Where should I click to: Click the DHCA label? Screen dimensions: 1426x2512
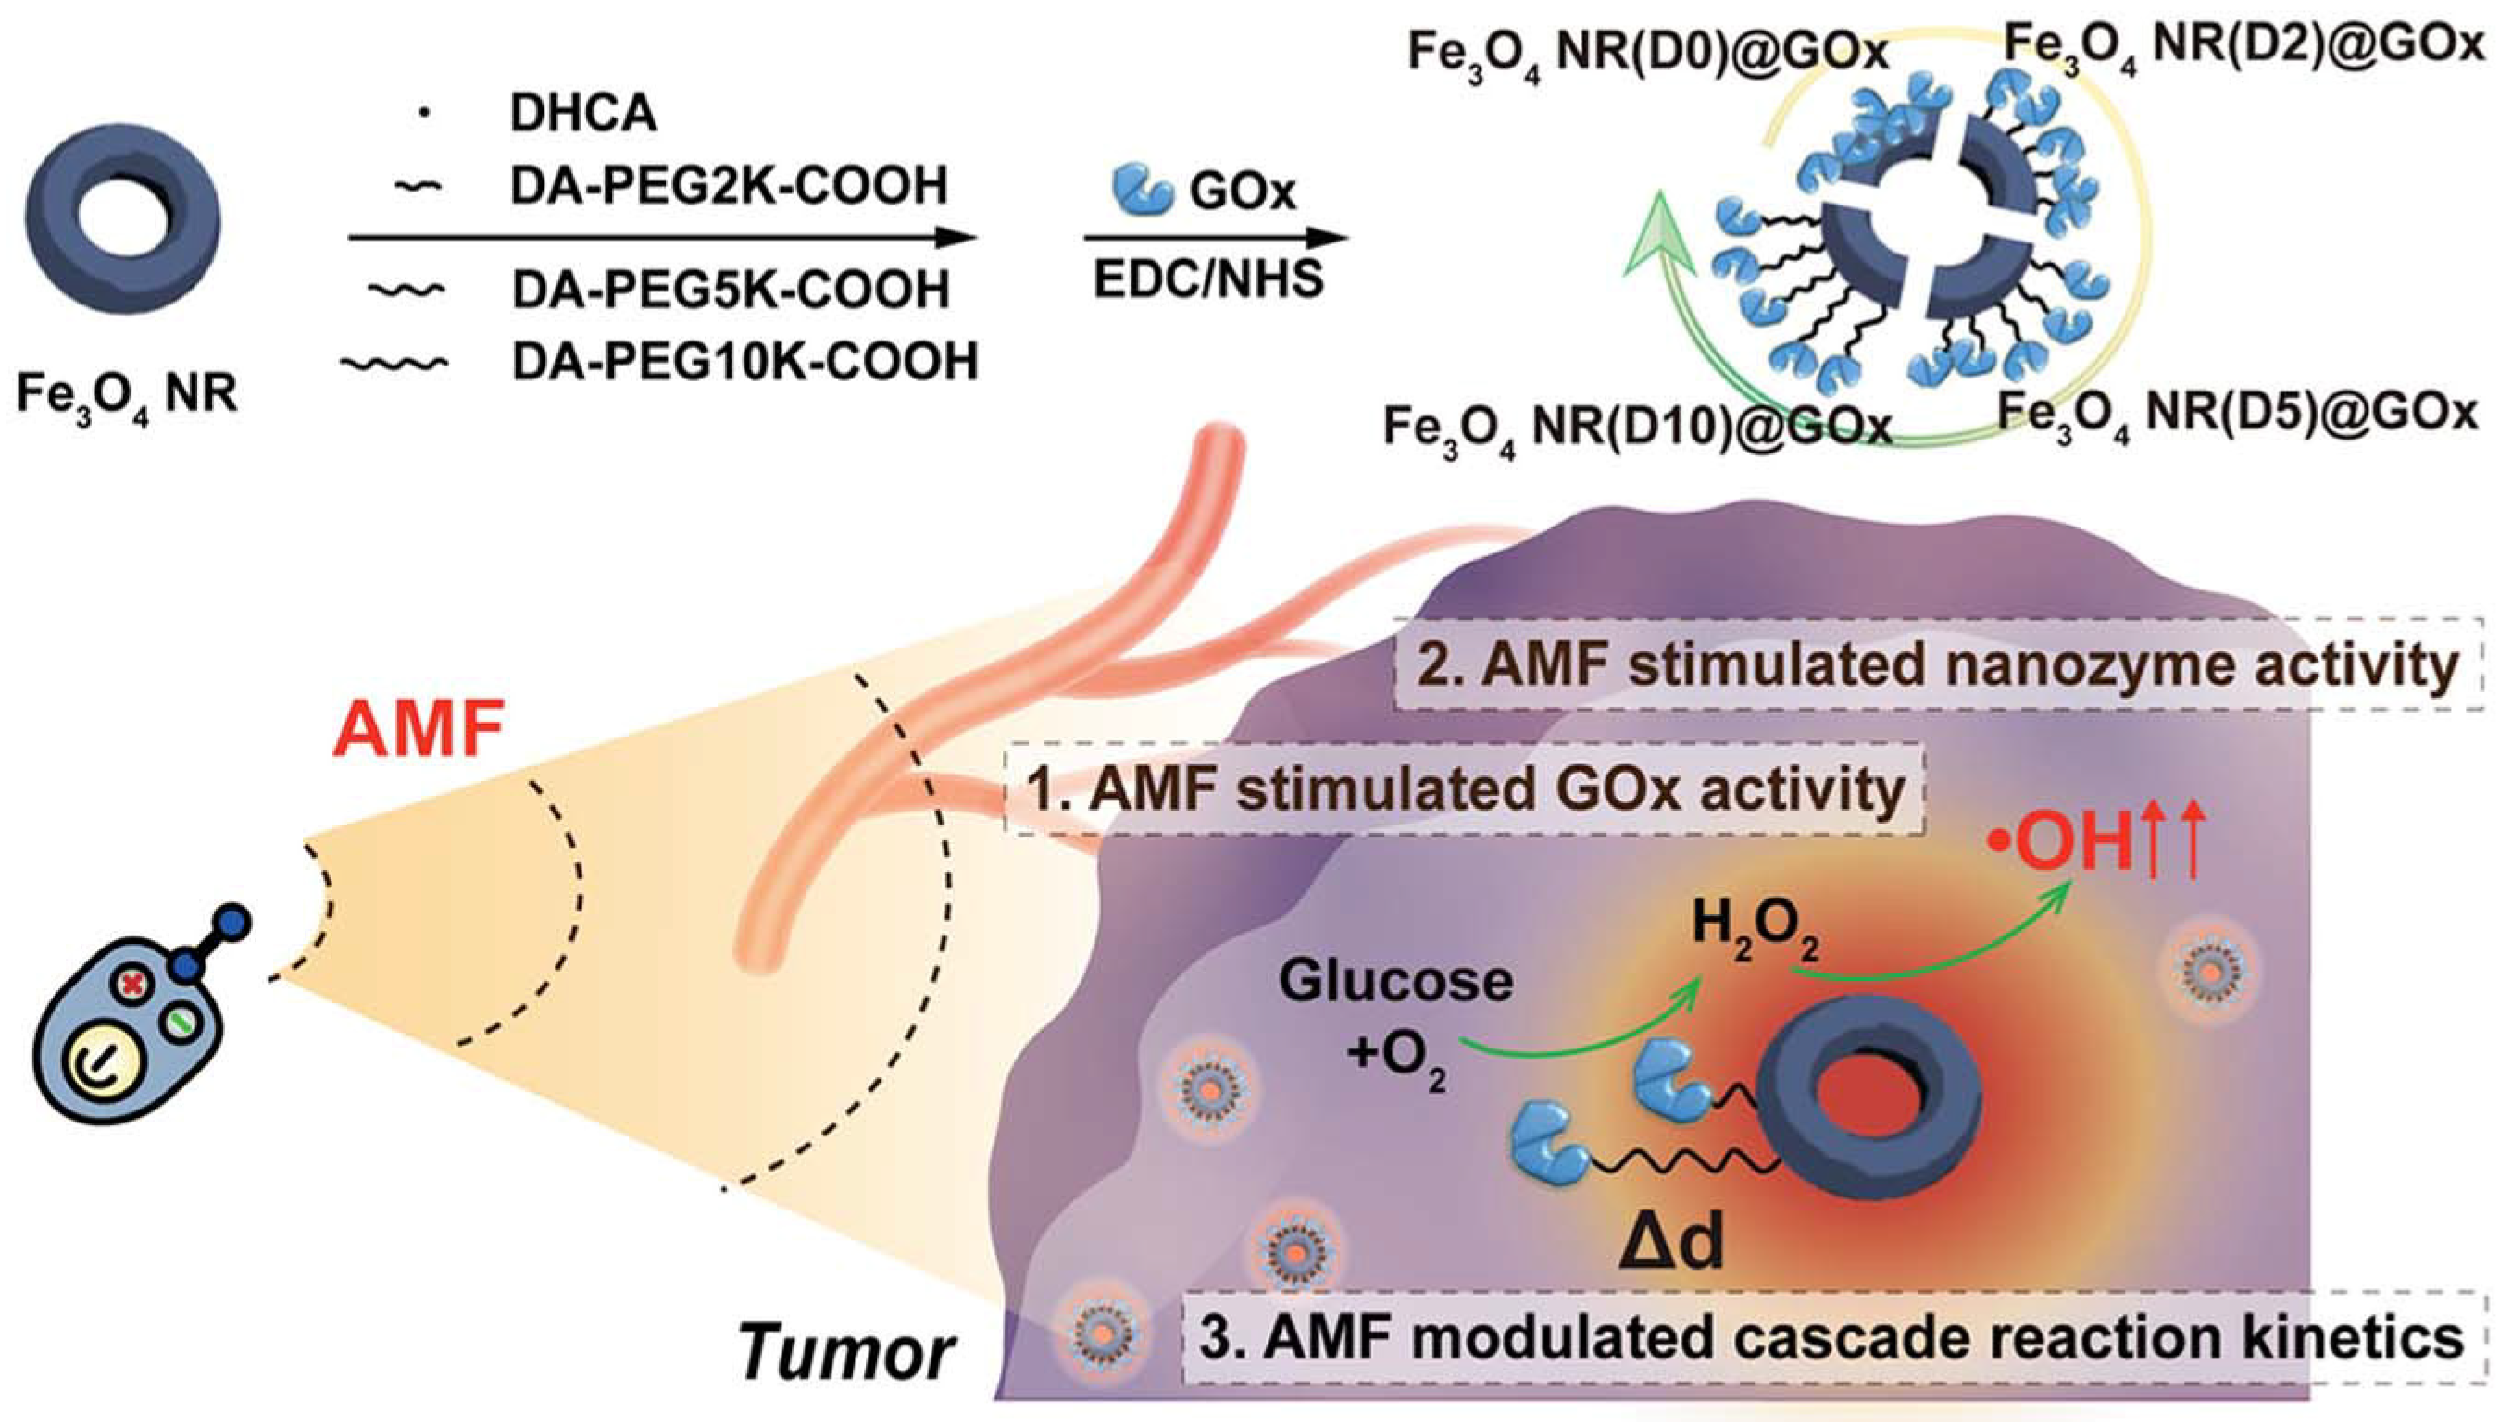tap(582, 114)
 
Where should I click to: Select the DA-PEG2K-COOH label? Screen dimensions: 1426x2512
tap(728, 186)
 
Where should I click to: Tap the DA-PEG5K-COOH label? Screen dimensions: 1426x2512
tap(730, 290)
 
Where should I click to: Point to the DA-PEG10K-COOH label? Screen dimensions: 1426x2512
tap(744, 362)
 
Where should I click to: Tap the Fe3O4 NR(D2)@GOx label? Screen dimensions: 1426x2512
tap(2243, 43)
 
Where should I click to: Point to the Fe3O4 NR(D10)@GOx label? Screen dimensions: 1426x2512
tap(1636, 428)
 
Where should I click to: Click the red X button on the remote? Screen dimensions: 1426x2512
tap(131, 984)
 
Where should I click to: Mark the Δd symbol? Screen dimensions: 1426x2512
tap(1669, 1244)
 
